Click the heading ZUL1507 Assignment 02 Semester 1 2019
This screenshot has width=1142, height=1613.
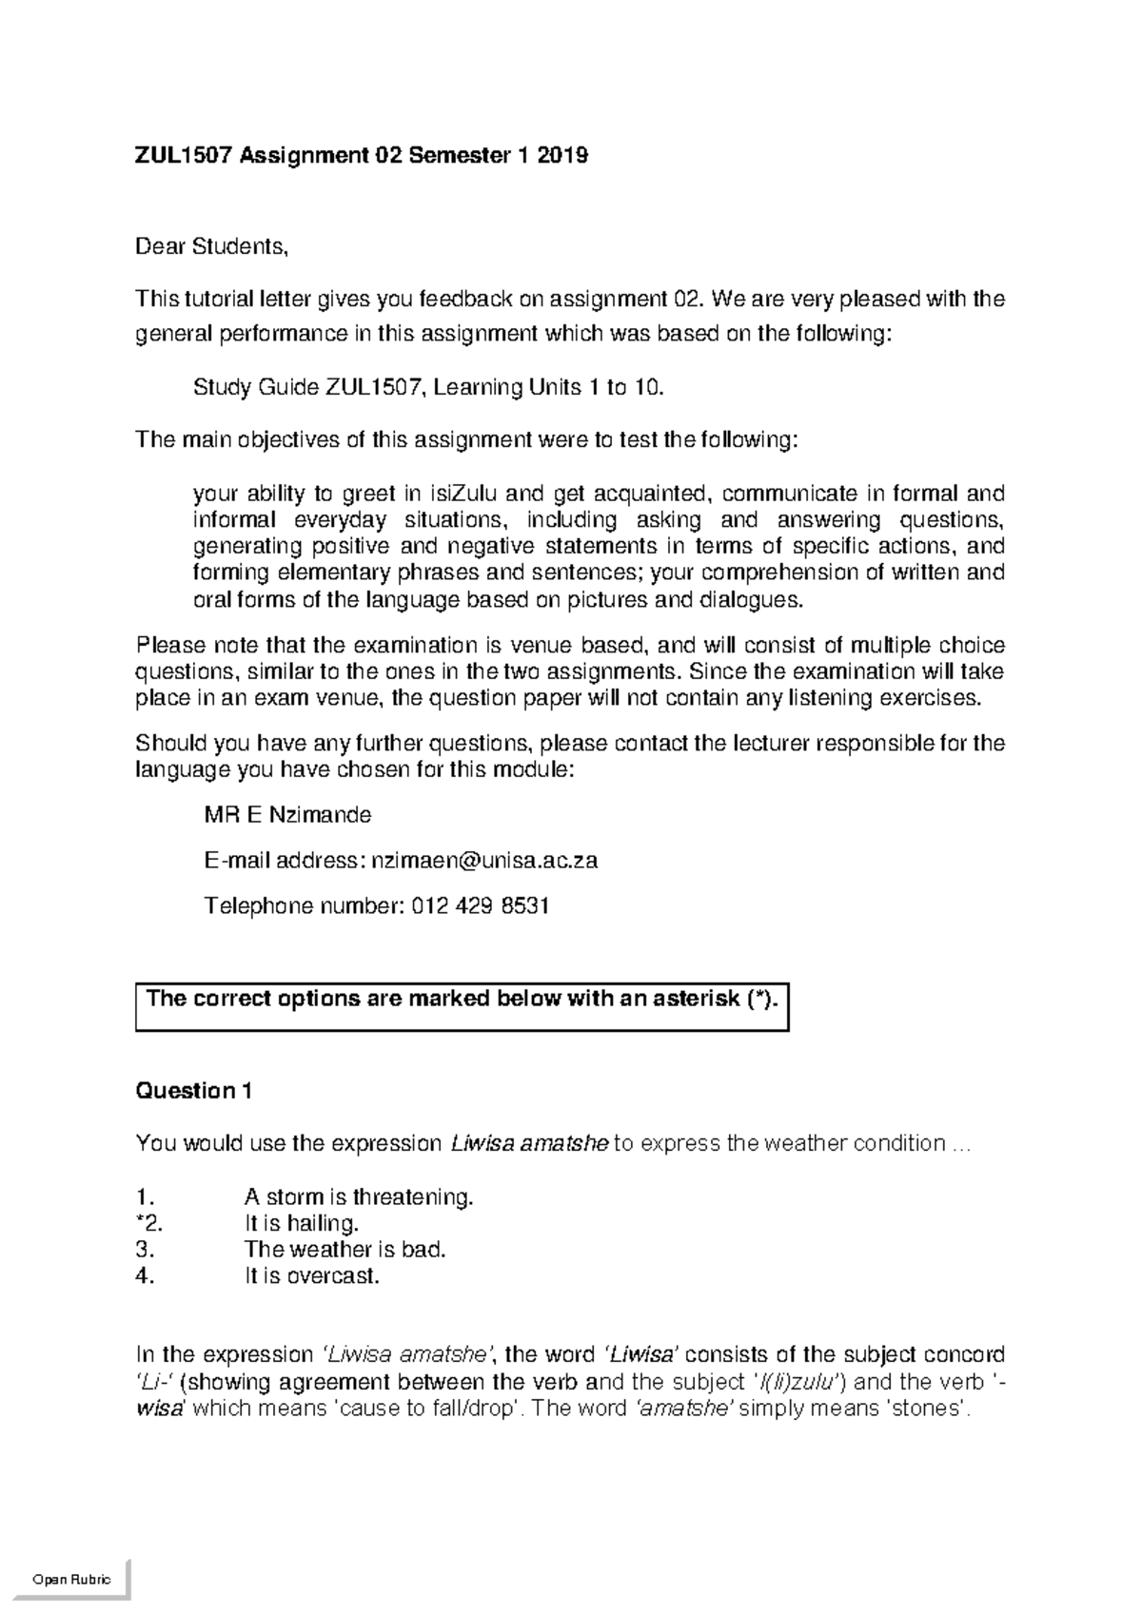[x=362, y=155]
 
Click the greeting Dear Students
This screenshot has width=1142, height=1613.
[x=210, y=247]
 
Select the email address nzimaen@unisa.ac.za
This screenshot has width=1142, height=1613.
[x=484, y=861]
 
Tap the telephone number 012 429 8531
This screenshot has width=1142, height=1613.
[x=481, y=905]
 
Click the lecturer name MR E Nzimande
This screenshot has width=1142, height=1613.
[x=287, y=815]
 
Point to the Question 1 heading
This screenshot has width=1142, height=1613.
[x=193, y=1091]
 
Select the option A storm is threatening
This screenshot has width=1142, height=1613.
[x=358, y=1196]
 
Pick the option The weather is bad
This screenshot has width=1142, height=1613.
[x=345, y=1250]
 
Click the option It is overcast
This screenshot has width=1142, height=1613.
[x=311, y=1276]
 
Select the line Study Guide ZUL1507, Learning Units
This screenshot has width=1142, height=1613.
[x=426, y=388]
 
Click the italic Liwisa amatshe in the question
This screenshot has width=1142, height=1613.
[x=528, y=1144]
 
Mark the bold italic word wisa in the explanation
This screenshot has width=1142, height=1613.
[x=159, y=1409]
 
